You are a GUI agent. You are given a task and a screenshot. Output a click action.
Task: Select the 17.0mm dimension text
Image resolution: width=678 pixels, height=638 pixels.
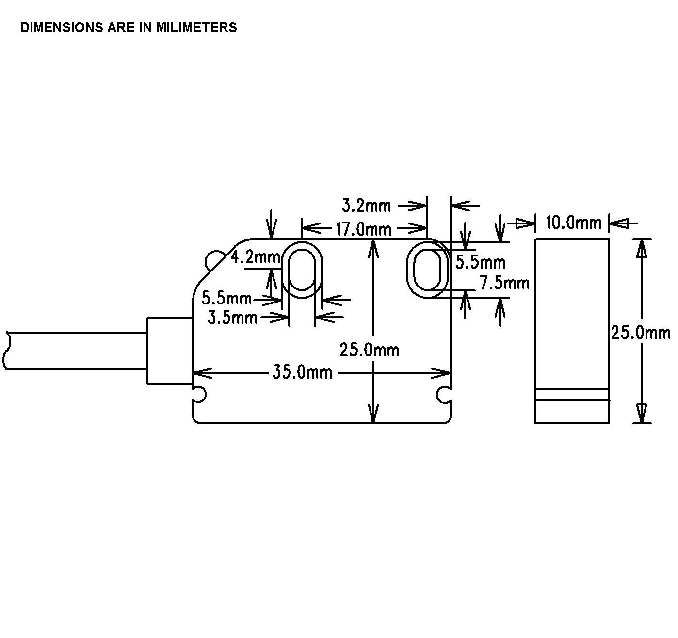click(363, 228)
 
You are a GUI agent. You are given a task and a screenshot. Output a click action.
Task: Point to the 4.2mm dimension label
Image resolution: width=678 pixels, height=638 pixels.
click(255, 257)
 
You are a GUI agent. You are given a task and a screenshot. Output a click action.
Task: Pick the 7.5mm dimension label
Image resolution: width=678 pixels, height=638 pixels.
click(504, 282)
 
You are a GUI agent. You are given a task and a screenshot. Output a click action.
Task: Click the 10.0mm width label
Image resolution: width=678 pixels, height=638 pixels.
click(573, 223)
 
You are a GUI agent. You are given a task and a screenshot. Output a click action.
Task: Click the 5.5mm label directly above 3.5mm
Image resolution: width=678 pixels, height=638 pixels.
click(226, 298)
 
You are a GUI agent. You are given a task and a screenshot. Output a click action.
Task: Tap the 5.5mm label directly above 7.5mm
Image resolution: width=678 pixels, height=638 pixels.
click(480, 262)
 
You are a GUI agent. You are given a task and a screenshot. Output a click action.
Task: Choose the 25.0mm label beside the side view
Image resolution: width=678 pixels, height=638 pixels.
click(640, 333)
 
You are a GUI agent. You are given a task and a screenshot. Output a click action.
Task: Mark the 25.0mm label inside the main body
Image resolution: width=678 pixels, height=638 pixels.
click(369, 350)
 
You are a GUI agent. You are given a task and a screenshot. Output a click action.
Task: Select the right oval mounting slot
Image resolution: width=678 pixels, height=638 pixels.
click(427, 270)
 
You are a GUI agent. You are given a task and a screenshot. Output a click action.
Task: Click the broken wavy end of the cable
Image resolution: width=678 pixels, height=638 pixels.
click(6, 351)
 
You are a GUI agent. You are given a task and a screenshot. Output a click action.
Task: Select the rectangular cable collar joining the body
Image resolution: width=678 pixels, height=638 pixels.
click(170, 351)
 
